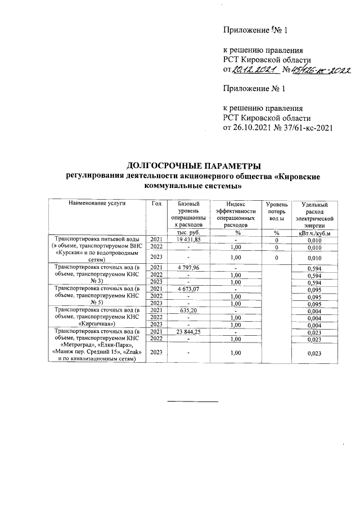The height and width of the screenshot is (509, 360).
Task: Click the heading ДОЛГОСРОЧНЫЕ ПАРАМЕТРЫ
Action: pos(194,166)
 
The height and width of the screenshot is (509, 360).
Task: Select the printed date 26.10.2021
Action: pos(255,128)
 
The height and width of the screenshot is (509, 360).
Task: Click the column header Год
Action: pos(156,203)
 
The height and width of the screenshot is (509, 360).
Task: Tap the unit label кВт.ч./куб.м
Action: pos(318,232)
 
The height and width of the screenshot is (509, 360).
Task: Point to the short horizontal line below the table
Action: pos(193,401)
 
